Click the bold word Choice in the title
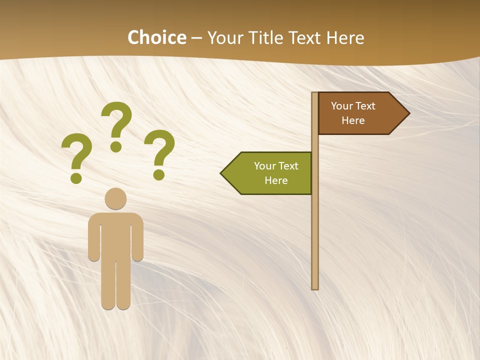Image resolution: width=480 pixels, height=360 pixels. point(156,37)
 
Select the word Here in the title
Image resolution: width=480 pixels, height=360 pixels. point(345,37)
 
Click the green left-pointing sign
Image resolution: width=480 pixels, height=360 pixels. point(270,173)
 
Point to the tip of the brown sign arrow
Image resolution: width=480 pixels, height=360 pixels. point(408,113)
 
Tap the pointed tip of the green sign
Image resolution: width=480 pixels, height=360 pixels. point(221,173)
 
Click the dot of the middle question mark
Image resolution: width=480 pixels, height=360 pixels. point(116,146)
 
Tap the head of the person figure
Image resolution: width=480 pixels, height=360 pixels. point(115,198)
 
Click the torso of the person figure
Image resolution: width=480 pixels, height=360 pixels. point(115,235)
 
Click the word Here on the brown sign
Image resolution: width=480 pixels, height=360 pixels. point(353,120)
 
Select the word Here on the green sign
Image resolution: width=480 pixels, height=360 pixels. point(276,180)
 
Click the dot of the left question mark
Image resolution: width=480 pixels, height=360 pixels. point(76,177)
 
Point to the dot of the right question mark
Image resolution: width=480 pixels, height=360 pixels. point(159,174)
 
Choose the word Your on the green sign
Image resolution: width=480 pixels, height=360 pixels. point(265,166)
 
